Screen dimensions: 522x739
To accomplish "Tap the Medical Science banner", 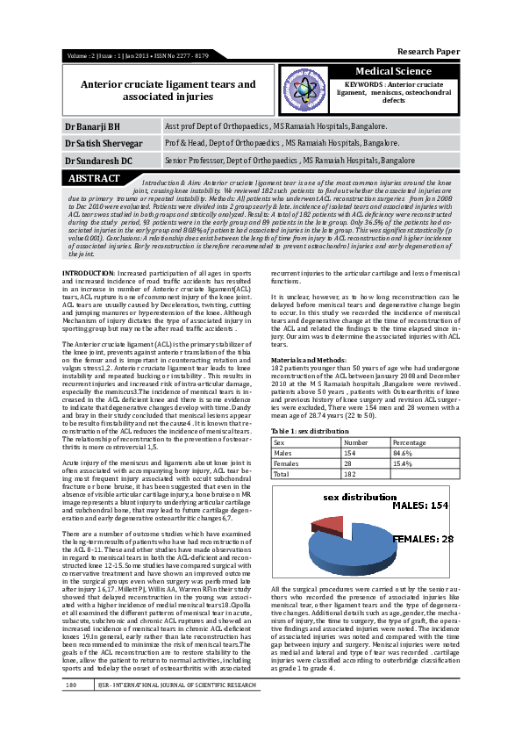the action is click(x=392, y=71).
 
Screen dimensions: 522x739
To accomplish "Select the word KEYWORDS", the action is click(x=361, y=83).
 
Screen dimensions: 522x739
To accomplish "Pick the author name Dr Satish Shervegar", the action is click(x=103, y=143).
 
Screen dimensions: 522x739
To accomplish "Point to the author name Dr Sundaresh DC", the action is click(x=97, y=161).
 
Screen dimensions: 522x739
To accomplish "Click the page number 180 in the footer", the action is click(x=72, y=707).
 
